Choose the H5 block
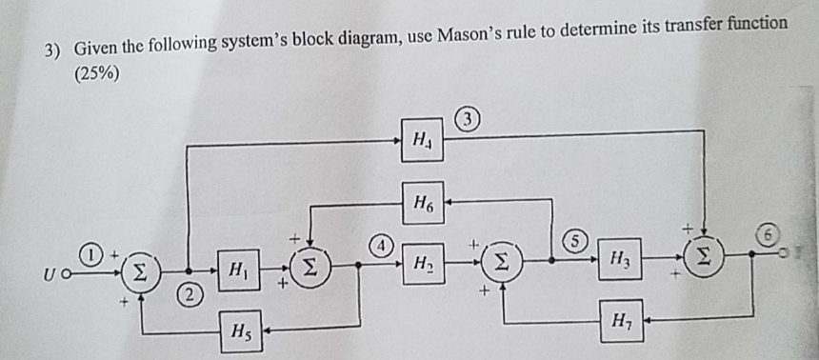(240, 332)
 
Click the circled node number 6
(769, 233)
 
